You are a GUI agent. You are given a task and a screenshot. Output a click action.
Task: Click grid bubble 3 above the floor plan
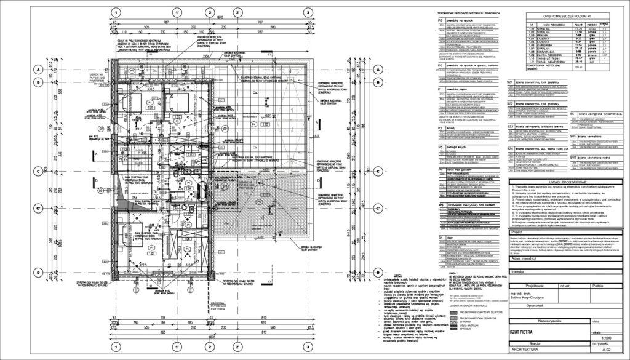308,12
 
